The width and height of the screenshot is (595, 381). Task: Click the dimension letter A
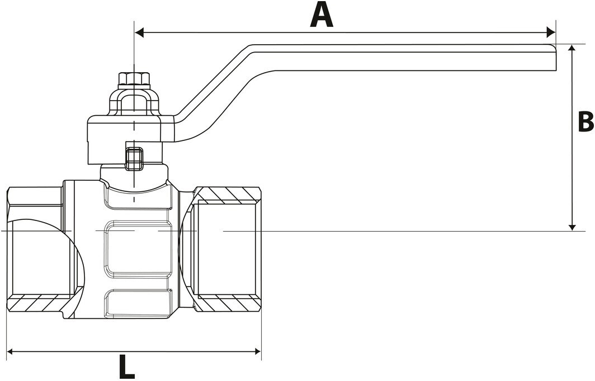pyautogui.click(x=322, y=15)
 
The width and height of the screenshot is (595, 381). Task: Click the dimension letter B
pyautogui.click(x=585, y=122)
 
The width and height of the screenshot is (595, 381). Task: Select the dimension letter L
pyautogui.click(x=127, y=368)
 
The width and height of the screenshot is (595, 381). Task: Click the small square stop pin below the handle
pyautogui.click(x=134, y=158)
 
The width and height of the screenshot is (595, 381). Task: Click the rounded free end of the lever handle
pyautogui.click(x=554, y=57)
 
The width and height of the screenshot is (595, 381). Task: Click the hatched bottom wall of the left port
pyautogui.click(x=39, y=303)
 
